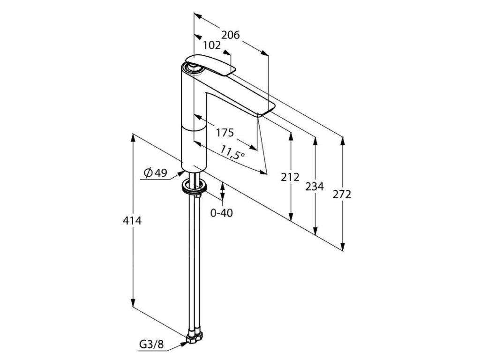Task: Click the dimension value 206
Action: [230, 35]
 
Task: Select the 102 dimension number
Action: [212, 45]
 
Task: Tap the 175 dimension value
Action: [225, 133]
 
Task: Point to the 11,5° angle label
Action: [232, 152]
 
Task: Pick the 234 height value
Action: [315, 187]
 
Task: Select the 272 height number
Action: [342, 194]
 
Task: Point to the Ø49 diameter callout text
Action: [156, 173]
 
